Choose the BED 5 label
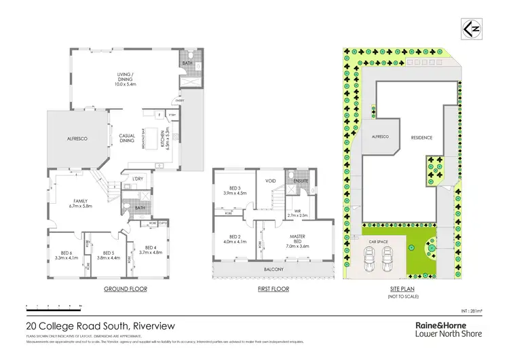tap(108, 255)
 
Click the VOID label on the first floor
tap(269, 181)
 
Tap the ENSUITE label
tap(301, 181)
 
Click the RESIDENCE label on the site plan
tap(421, 137)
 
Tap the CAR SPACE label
tap(378, 241)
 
